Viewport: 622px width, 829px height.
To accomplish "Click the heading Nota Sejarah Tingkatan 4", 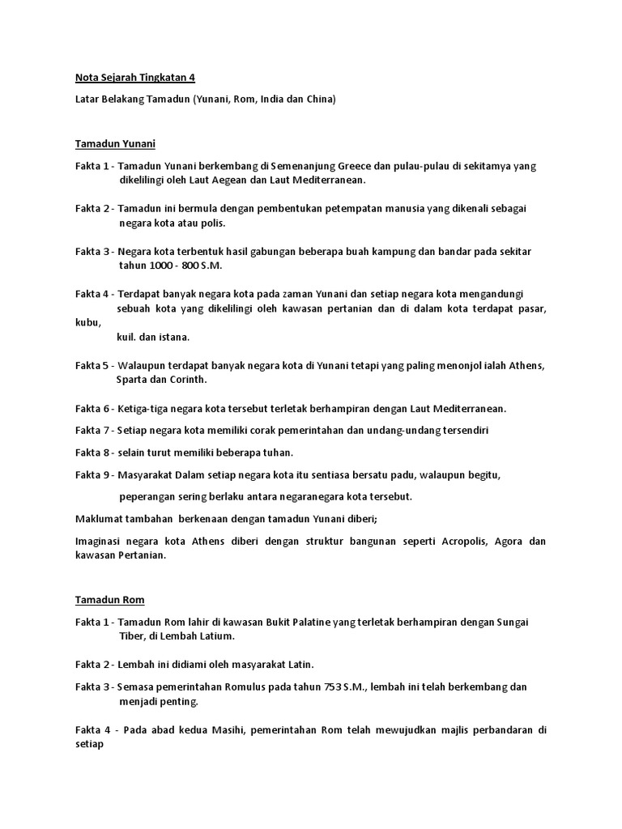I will point(135,78).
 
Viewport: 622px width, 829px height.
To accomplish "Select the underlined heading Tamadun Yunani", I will point(114,144).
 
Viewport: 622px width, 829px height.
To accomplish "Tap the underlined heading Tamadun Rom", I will point(109,599).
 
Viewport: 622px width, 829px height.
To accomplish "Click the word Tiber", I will point(133,636).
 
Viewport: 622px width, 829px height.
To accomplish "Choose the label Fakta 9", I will point(92,474).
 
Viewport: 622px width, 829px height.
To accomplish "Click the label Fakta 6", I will point(92,409).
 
